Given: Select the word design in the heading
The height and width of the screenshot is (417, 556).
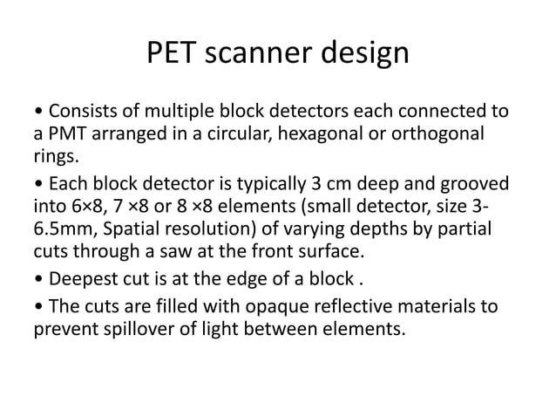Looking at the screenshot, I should [366, 54].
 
